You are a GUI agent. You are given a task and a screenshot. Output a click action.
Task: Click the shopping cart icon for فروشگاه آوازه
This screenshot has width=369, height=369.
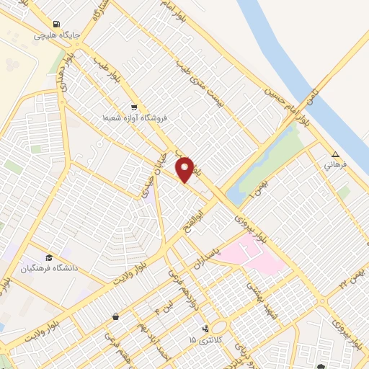[134, 106]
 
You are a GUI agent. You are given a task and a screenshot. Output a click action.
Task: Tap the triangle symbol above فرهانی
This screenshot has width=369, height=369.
[335, 154]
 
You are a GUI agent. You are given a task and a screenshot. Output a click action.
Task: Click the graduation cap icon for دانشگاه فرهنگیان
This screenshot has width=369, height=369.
[49, 258]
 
